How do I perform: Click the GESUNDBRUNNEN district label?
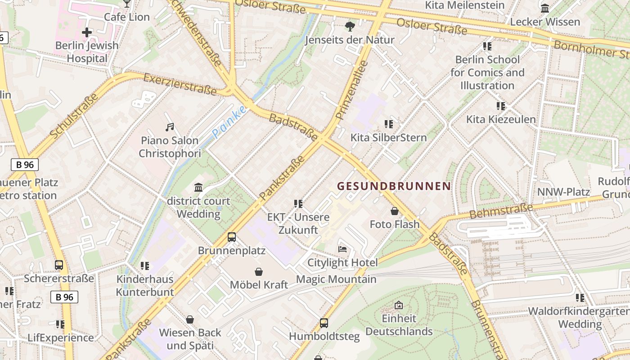pos(394,186)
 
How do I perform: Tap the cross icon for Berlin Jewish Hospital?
pos(87,32)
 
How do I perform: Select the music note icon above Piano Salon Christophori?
pos(170,127)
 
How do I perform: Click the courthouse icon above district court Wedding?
pos(198,187)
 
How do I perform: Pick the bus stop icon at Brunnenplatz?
pos(232,237)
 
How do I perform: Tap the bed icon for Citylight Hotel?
pos(342,249)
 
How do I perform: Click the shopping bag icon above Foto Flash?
pos(395,211)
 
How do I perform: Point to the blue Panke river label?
pos(229,122)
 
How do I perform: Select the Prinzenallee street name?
pos(352,90)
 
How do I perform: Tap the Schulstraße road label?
pos(74,116)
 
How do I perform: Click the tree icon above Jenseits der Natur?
pos(350,27)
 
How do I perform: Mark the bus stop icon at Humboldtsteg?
pos(324,323)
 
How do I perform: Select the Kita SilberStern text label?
pos(388,137)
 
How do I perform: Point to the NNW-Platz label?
pos(563,192)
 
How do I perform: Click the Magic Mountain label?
pos(336,279)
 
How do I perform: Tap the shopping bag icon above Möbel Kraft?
pos(259,271)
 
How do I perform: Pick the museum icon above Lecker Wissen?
pos(545,8)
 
